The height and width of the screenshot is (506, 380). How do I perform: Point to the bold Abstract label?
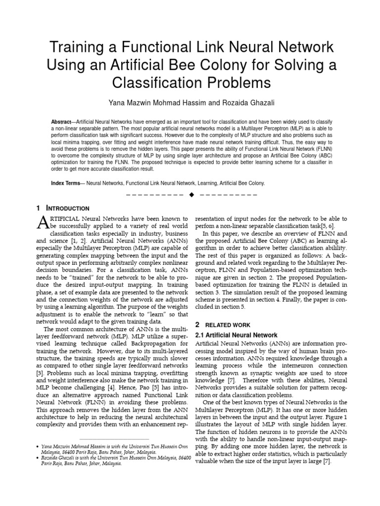click(x=61, y=122)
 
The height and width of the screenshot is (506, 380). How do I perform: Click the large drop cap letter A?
click(x=44, y=224)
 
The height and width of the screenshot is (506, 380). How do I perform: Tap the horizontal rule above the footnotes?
click(x=114, y=439)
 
